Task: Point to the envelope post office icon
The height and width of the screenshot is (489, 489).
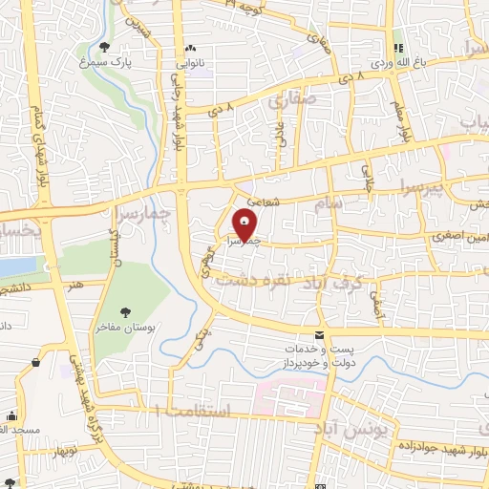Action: pos(319,335)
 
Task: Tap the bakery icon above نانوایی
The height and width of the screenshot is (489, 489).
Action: pos(191,48)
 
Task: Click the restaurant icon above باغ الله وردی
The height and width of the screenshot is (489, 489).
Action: pos(399,48)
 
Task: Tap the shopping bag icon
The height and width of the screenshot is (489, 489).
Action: pos(35,362)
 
